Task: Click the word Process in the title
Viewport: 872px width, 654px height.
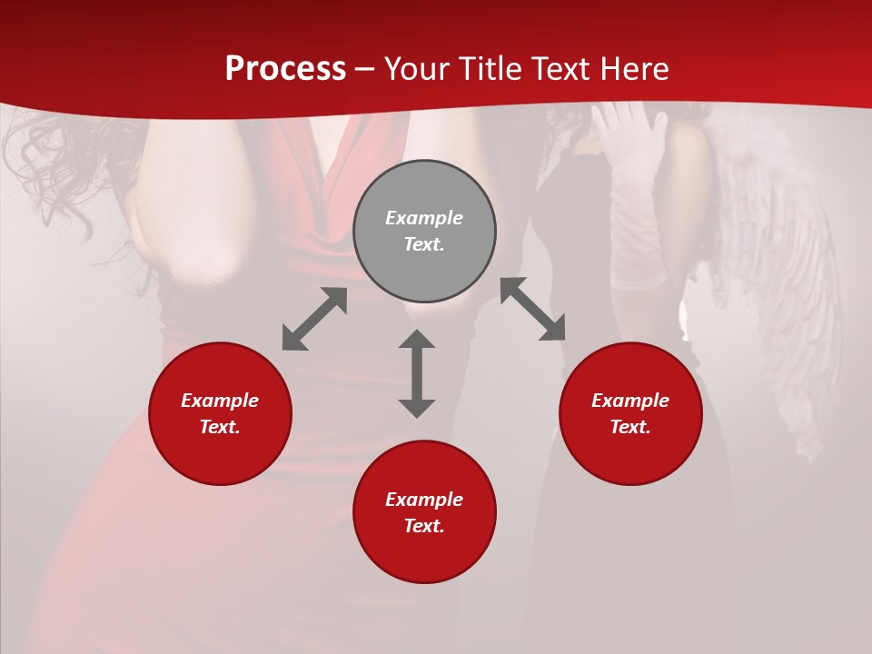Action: pos(285,69)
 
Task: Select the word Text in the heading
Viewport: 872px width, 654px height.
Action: pos(560,69)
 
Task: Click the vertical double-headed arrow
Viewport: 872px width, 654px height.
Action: pos(417,373)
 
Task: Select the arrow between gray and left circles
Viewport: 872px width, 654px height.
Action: pos(314,319)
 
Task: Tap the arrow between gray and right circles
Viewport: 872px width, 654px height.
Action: pos(532,310)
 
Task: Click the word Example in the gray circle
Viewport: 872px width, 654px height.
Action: pos(424,218)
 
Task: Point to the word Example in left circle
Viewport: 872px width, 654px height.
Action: pos(220,401)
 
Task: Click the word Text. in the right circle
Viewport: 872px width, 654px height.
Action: pos(630,427)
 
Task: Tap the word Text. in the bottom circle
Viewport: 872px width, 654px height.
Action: pos(424,526)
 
